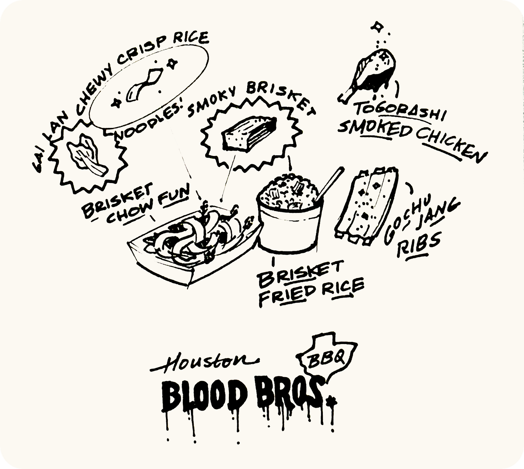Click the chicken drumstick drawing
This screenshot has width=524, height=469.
click(x=369, y=74)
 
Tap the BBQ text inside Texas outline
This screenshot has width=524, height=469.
click(x=326, y=358)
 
